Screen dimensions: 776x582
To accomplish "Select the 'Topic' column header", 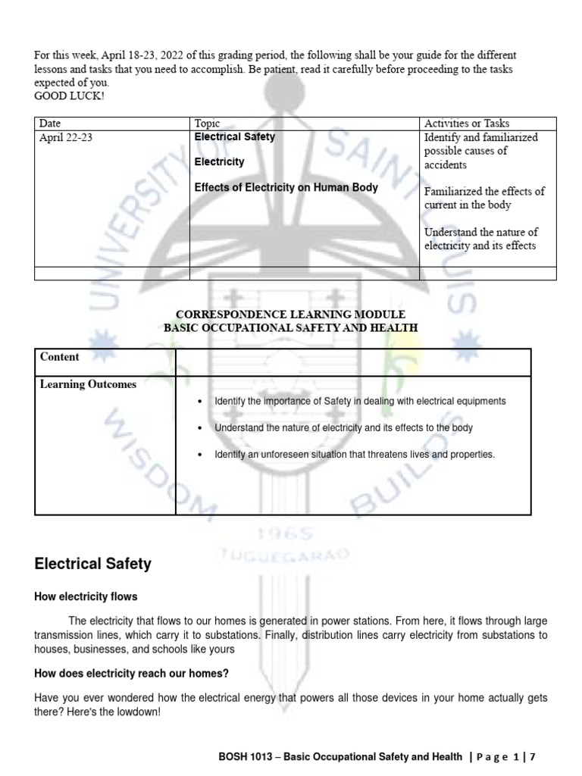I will tap(208, 124).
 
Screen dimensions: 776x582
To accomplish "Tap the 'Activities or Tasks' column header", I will tap(467, 124).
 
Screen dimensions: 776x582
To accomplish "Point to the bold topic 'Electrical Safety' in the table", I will tap(235, 137).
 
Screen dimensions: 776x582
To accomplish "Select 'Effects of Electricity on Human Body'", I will tap(286, 187).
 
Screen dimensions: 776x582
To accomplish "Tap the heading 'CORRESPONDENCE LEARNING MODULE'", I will tap(291, 314).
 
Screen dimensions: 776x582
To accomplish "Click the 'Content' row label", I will tap(60, 356).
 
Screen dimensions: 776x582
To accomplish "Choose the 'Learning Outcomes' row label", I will tap(88, 384).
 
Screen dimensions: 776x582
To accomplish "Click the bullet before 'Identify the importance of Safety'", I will tap(199, 402).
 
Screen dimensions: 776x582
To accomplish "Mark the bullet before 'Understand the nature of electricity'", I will tap(199, 428).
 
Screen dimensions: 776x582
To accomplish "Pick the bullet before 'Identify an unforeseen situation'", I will tap(199, 455).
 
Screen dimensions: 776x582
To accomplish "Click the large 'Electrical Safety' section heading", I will tap(93, 564).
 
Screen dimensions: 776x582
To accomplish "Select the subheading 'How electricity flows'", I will tap(86, 597).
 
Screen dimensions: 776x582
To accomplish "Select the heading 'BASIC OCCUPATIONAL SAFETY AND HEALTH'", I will tap(291, 327).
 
